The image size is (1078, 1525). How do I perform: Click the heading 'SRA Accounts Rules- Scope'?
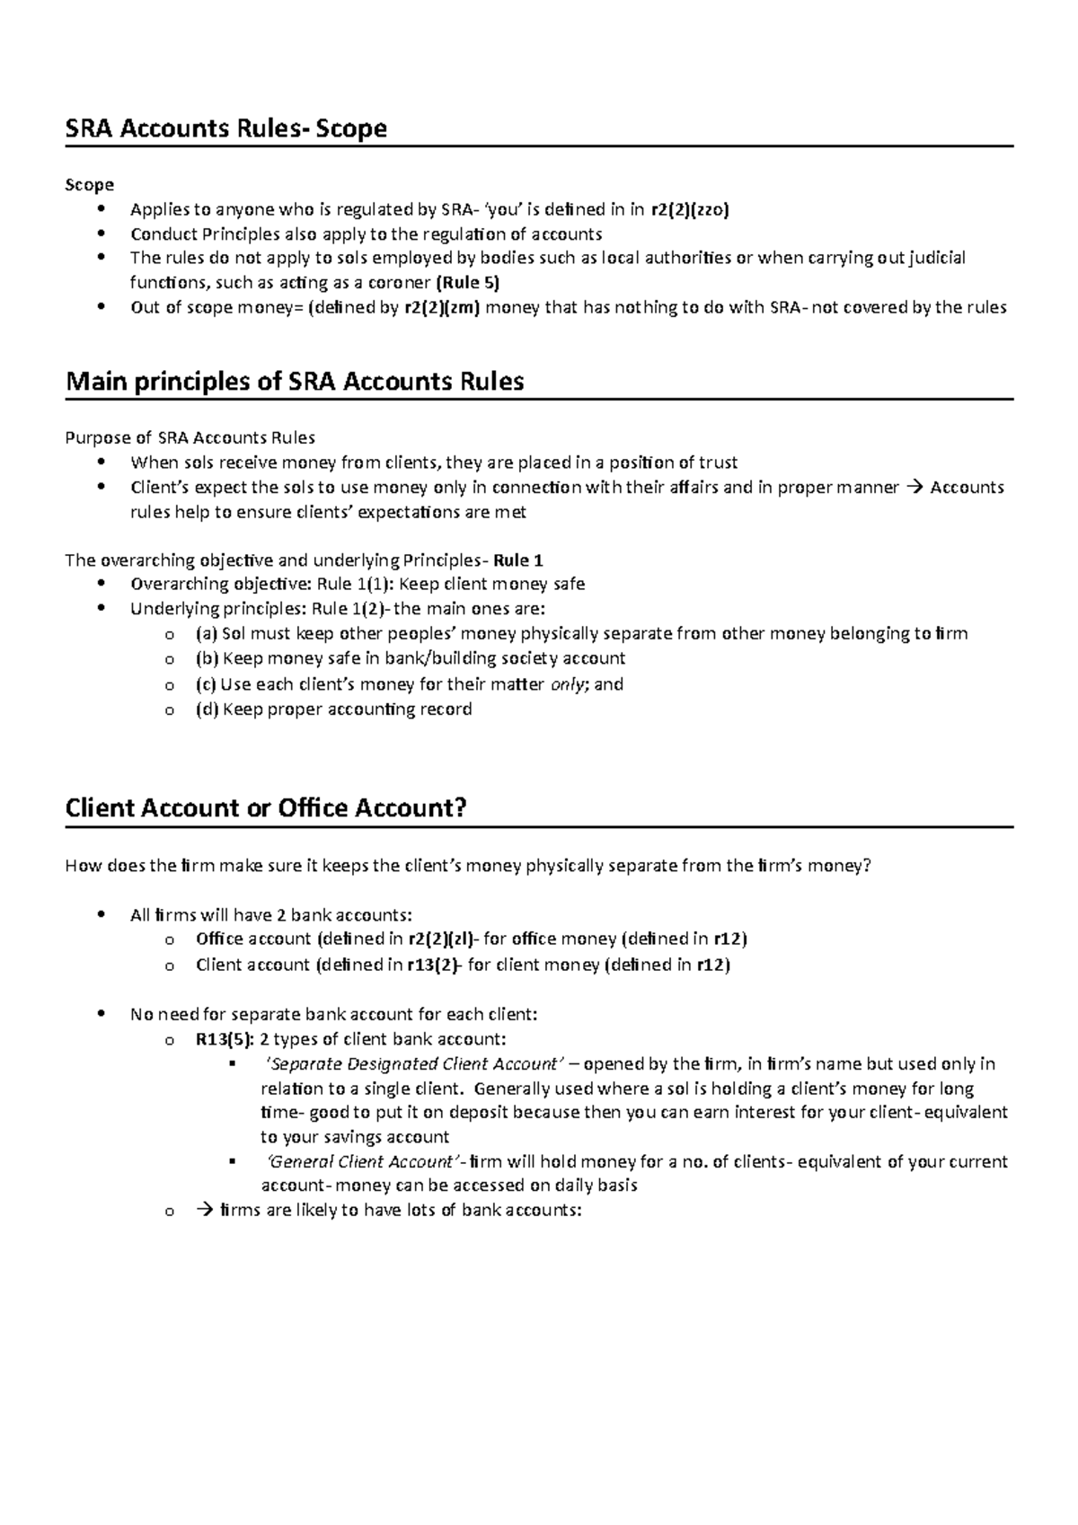point(225,128)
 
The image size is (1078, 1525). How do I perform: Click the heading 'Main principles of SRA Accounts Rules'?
point(295,381)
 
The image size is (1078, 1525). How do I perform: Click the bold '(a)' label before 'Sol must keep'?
point(207,634)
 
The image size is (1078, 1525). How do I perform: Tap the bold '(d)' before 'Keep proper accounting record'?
point(207,710)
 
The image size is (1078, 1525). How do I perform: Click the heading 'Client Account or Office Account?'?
point(266,807)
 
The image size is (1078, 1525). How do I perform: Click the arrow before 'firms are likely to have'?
point(202,1210)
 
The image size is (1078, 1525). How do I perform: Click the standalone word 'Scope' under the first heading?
point(89,185)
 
